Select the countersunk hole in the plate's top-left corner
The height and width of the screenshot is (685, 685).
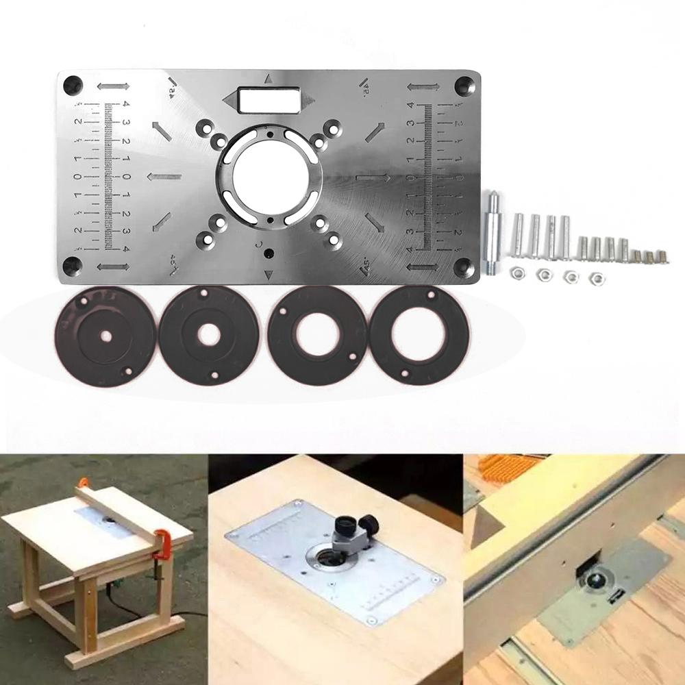point(73,86)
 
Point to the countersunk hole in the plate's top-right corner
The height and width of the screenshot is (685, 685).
point(464,86)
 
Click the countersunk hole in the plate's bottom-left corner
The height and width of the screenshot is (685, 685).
point(73,266)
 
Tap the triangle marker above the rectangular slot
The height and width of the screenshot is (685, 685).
point(269,78)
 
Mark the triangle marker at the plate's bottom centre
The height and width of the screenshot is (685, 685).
point(269,275)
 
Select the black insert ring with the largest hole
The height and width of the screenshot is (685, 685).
point(419,335)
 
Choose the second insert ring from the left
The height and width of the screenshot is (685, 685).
point(209,336)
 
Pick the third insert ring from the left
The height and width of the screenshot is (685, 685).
point(315,336)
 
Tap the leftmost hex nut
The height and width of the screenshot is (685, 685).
point(516,274)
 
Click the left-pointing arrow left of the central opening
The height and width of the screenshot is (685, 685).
point(164,177)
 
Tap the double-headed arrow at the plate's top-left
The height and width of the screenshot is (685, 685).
point(113,87)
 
